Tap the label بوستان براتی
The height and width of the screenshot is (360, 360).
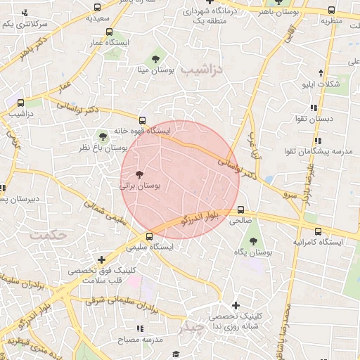coord(141,186)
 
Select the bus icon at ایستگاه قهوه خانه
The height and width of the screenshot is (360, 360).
coord(143,120)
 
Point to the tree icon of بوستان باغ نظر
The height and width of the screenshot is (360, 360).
coord(103,135)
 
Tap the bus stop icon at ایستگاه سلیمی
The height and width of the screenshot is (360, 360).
coord(148,236)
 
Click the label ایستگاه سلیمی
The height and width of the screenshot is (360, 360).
coord(146,247)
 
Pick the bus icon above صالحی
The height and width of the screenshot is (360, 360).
coord(241,210)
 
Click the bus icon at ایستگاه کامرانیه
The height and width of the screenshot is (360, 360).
coord(319,231)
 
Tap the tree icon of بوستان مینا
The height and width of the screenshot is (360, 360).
coord(155,59)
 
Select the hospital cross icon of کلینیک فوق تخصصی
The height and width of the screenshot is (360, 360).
coord(102,259)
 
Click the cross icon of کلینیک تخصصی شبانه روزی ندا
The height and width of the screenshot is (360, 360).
coord(236,305)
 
